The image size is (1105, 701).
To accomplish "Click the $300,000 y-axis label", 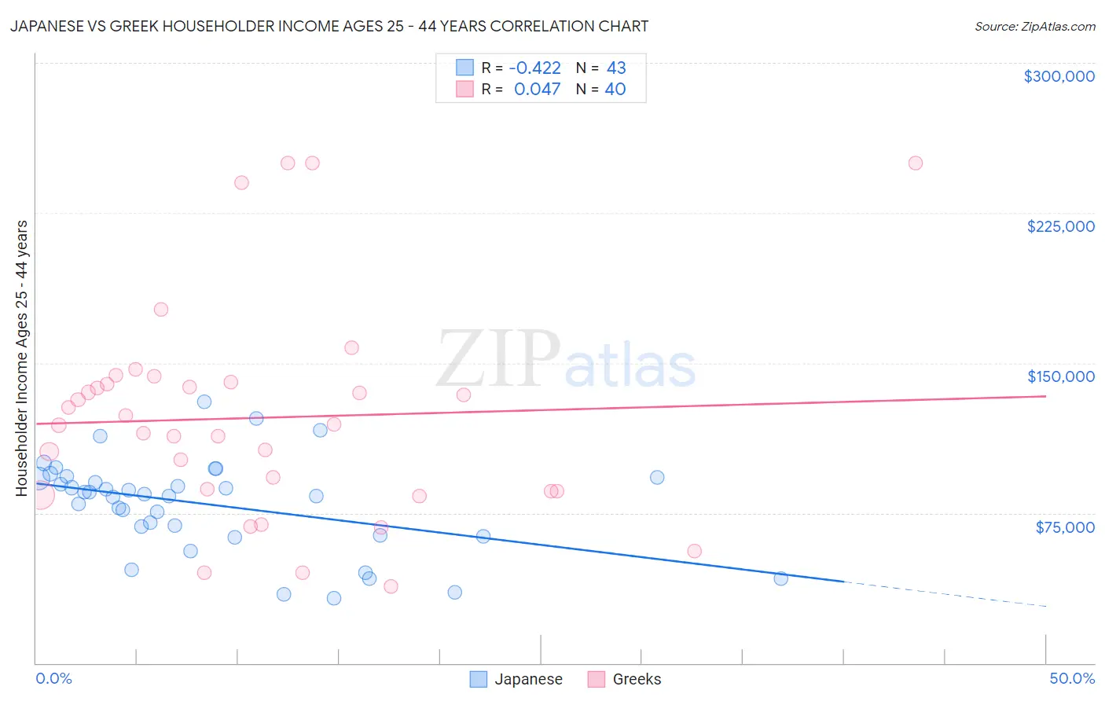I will pos(1059,76).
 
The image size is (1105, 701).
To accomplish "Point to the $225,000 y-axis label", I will pos(1060,226).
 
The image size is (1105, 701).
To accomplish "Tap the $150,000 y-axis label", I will pos(1060,376).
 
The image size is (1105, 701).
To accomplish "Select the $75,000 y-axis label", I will pos(1065,527).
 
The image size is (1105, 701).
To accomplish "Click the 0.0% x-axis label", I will pos(53,678).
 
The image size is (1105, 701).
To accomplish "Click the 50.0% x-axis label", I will pos(1072,678).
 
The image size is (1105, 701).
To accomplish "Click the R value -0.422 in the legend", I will pos(534,68).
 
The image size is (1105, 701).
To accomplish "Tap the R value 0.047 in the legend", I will pos(537,89).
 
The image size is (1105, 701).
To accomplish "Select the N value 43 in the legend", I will pos(616,68).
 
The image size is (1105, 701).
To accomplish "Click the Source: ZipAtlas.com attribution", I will pos(1034,26).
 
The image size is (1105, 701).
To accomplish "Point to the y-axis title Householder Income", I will pos(21,358).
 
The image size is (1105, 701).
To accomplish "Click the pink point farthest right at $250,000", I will pos(915,163).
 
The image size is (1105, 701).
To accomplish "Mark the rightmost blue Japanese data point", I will pos(780,578).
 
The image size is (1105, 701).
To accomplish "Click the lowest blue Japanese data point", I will pos(334,598).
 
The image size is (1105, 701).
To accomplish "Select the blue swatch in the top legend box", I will pos(465,68).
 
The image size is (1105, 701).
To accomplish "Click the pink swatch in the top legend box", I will pos(465,89).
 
